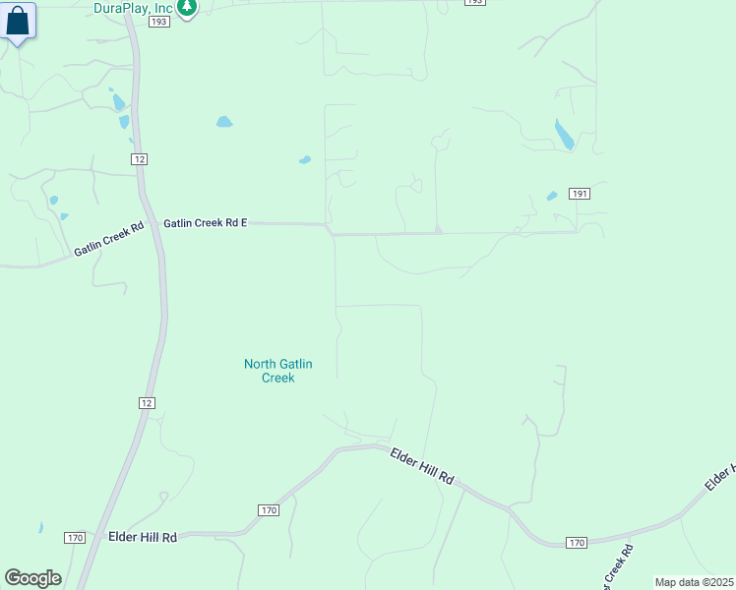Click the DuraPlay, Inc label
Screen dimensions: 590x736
[134, 8]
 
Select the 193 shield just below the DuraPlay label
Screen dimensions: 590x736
[159, 22]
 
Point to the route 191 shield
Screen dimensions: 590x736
[580, 194]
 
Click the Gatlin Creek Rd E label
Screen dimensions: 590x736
[205, 223]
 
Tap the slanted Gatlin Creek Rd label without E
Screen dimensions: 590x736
[108, 239]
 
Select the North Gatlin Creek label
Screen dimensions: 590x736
[278, 371]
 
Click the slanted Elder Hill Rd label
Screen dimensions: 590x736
[422, 464]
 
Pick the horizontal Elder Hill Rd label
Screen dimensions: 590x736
[142, 537]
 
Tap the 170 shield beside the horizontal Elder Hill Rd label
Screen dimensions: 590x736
[76, 537]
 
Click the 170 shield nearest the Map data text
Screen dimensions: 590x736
[578, 543]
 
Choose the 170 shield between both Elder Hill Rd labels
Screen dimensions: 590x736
[269, 510]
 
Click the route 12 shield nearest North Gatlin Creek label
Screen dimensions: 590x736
[146, 403]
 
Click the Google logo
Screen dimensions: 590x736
[32, 578]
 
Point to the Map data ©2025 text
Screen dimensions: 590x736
[694, 582]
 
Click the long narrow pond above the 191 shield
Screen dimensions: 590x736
[564, 135]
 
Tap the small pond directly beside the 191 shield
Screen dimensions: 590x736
[552, 196]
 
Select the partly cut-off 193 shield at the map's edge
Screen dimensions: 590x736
[474, 2]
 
